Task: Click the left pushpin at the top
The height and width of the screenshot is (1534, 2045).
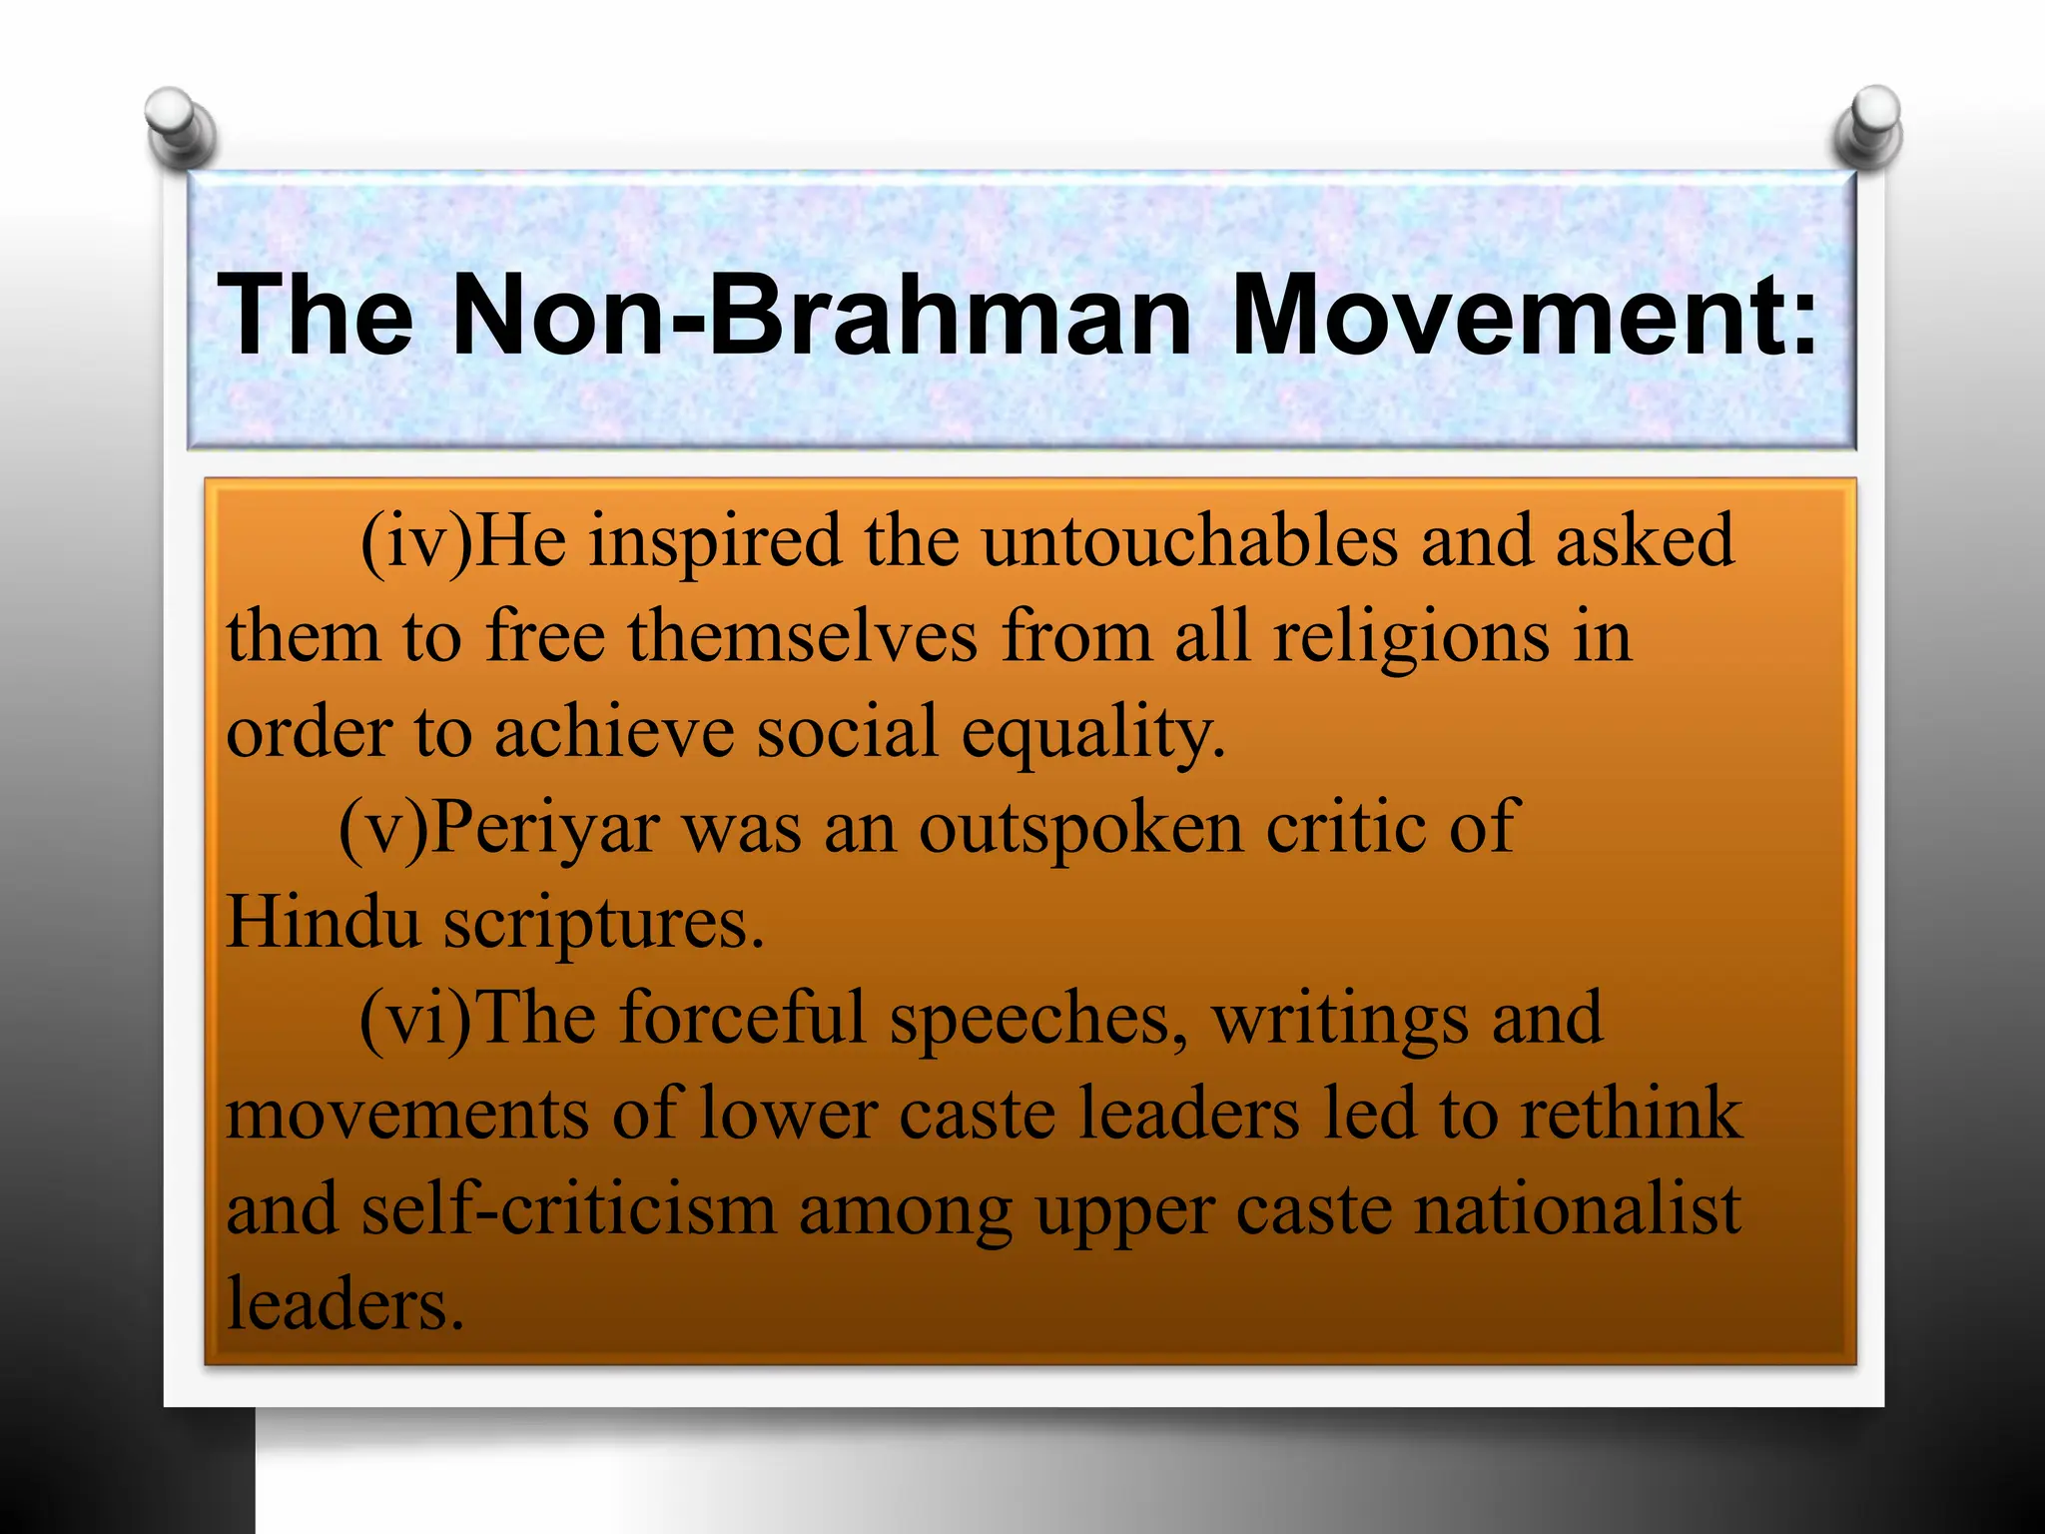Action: point(180,128)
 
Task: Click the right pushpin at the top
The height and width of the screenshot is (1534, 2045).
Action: point(1868,126)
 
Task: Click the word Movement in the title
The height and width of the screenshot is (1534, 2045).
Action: point(1523,314)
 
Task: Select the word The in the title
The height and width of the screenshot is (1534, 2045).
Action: point(316,314)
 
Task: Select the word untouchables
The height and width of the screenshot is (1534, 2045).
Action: point(1188,541)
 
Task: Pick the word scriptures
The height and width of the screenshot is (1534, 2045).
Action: point(603,924)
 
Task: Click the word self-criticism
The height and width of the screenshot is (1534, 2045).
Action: point(568,1210)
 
